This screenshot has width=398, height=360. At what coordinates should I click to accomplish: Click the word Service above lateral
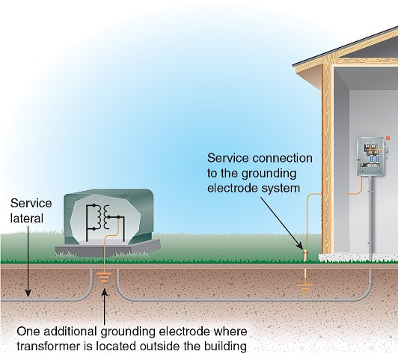31,203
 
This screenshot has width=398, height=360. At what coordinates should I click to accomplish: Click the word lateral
27,219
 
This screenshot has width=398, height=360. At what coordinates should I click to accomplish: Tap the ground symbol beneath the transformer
104,277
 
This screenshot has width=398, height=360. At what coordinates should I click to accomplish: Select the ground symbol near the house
305,289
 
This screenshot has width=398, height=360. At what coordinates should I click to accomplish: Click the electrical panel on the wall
370,156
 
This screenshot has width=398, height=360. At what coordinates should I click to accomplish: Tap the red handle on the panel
388,138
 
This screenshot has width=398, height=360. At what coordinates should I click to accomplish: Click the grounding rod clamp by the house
305,253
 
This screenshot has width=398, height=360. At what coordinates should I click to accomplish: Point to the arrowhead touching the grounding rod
300,245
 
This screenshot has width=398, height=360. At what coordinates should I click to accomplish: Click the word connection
282,158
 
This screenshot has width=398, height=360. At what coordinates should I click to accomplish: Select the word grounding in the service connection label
269,174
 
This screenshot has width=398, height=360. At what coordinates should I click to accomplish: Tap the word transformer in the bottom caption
48,347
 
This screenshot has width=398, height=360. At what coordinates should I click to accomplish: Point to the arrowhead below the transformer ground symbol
104,293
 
